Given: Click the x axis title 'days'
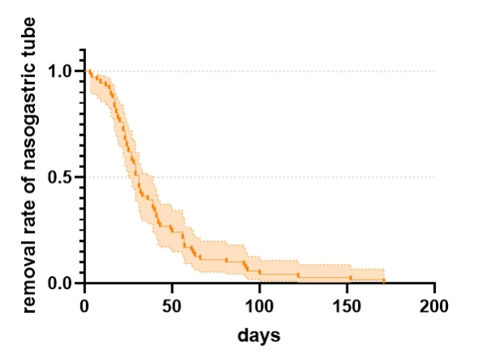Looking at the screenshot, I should pyautogui.click(x=259, y=335).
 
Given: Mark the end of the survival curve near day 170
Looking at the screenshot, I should pyautogui.click(x=383, y=281).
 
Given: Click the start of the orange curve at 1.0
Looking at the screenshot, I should pyautogui.click(x=88, y=71).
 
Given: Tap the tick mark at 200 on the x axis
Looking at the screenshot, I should pyautogui.click(x=435, y=287).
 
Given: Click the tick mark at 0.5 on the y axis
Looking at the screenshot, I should pyautogui.click(x=81, y=177).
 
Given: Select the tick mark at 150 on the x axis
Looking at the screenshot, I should pyautogui.click(x=347, y=287).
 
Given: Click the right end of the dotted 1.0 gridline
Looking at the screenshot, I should pyautogui.click(x=435, y=71).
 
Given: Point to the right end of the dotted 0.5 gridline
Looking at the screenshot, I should pyautogui.click(x=435, y=177).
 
